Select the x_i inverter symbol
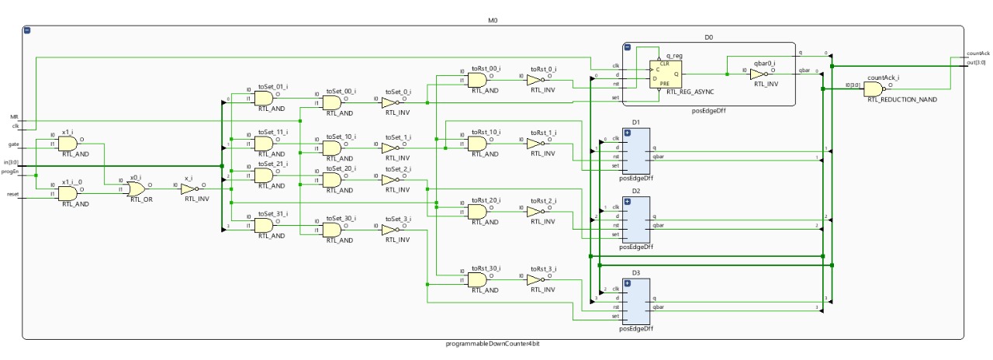(189, 188)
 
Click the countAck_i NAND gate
(874, 88)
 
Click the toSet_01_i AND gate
(263, 98)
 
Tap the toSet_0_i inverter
(389, 102)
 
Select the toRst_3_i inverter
(537, 279)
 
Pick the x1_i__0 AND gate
(67, 192)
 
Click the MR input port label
(15, 118)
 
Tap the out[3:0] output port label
(976, 63)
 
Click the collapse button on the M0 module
(28, 30)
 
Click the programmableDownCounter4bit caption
(493, 344)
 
